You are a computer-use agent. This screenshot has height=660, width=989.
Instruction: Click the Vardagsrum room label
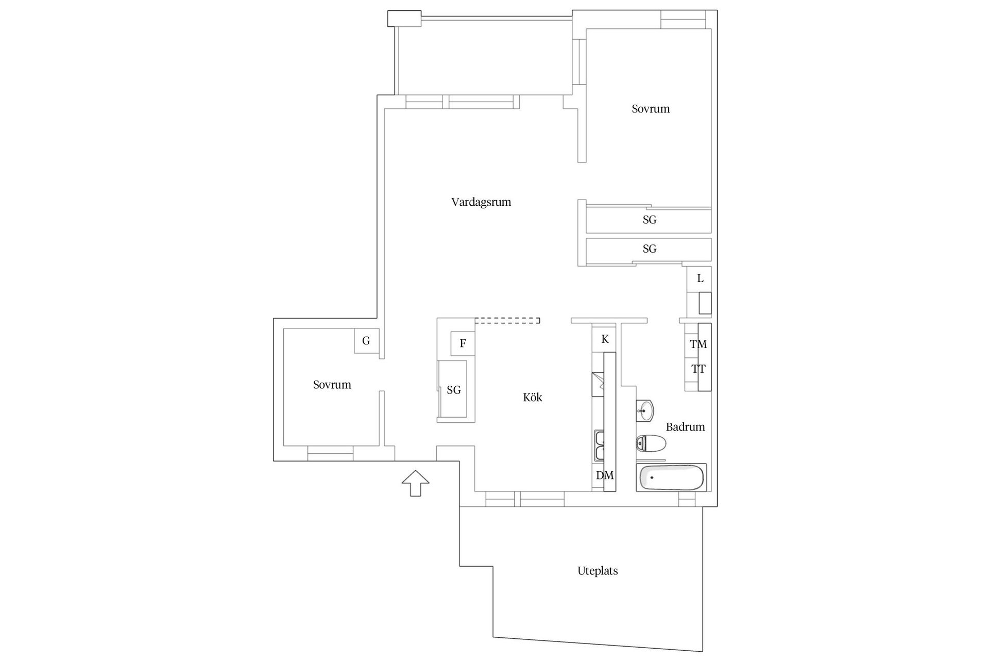click(x=481, y=202)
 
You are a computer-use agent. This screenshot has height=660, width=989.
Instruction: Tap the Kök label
click(x=533, y=397)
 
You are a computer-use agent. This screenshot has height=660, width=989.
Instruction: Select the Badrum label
click(x=685, y=426)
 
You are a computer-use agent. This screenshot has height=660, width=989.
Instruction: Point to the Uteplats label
click(x=598, y=571)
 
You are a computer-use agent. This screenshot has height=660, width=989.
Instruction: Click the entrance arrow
click(x=415, y=483)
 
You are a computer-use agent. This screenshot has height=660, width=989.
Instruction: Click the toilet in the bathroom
click(x=651, y=443)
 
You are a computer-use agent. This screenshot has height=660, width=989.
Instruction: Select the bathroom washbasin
click(x=645, y=411)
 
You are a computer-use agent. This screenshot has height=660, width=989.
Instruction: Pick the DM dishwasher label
click(x=605, y=475)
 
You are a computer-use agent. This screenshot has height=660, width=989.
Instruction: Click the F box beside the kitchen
click(x=463, y=343)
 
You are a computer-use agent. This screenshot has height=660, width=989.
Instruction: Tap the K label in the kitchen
click(x=605, y=339)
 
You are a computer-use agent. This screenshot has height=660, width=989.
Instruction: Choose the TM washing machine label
click(x=698, y=344)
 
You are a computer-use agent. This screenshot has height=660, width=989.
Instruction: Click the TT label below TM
click(x=698, y=369)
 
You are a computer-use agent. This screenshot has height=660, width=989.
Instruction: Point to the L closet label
click(x=700, y=278)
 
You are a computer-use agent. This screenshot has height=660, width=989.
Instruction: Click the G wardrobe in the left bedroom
click(x=366, y=340)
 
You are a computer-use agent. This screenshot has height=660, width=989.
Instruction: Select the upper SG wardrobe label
click(x=650, y=220)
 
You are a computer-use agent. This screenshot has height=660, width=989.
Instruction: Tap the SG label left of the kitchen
click(x=454, y=390)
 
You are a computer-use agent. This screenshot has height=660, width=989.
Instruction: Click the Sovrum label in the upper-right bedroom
click(x=651, y=109)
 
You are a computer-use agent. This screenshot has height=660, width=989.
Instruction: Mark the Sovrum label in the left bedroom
click(x=332, y=385)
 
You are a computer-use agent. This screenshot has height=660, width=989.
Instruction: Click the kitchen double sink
click(x=600, y=445)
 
